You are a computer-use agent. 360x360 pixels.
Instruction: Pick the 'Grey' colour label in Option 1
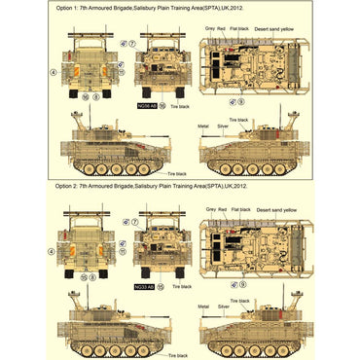tap(210, 29)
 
